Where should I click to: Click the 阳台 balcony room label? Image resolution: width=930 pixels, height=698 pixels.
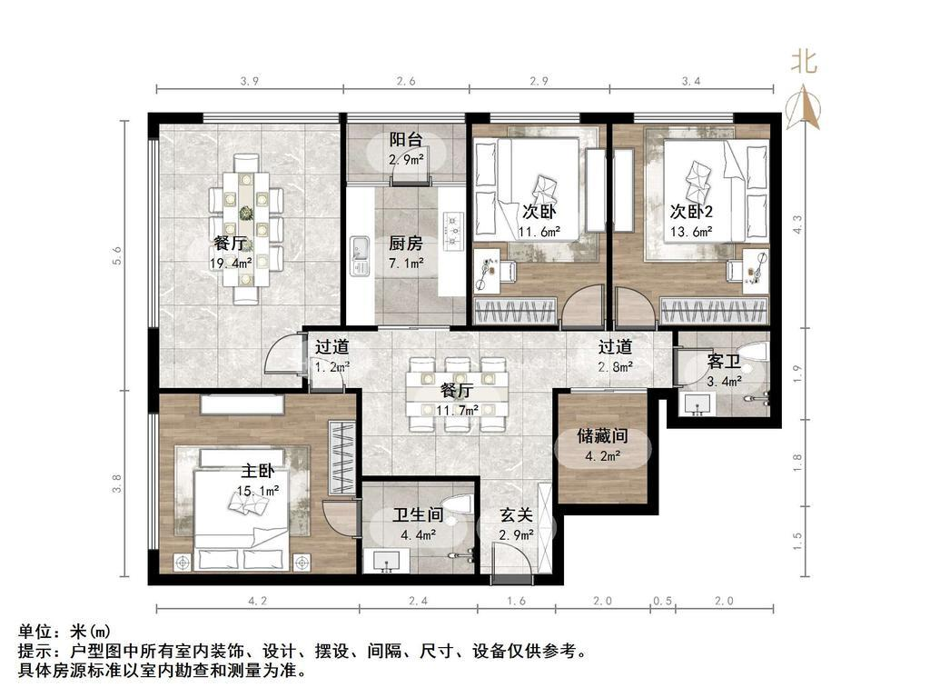[x=406, y=140]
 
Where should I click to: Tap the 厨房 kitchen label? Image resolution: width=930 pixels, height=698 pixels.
[x=406, y=244]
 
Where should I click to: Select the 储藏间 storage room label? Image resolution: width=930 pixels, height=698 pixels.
[x=603, y=436]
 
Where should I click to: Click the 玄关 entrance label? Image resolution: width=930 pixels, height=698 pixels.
[x=516, y=515]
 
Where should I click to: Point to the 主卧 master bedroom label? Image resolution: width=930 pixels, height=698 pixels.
[x=257, y=471]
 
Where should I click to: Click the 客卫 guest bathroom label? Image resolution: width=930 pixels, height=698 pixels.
[x=724, y=361]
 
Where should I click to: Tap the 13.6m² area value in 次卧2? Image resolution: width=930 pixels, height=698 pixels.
[x=691, y=232]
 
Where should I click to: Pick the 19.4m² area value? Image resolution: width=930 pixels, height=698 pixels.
[x=231, y=263]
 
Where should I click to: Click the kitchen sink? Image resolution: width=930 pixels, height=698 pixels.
[x=360, y=255]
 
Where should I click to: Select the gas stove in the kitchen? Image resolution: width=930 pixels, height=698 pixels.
[x=455, y=229]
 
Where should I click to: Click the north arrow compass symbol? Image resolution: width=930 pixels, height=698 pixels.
[x=803, y=107]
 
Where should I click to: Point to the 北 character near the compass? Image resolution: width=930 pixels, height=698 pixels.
[x=805, y=62]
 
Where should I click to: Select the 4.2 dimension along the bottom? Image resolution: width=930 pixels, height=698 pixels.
[x=257, y=601]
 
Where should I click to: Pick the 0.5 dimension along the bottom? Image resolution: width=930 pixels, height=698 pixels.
[x=662, y=601]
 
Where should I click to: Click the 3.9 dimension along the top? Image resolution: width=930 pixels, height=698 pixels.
[x=250, y=81]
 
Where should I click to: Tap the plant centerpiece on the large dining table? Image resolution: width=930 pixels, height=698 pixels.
[x=245, y=213]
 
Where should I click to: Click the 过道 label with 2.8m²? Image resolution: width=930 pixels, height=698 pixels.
[x=615, y=346]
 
